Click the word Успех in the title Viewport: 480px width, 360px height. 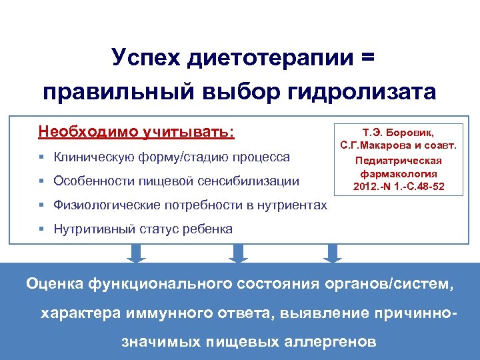point(143,58)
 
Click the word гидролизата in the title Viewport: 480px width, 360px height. point(362,91)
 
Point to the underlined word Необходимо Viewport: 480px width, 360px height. point(89,131)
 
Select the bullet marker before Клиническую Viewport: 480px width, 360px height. point(41,158)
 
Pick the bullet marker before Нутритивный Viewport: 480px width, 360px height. point(41,229)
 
